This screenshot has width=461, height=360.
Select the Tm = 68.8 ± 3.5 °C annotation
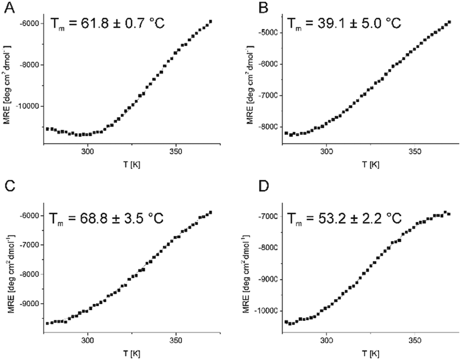point(107,217)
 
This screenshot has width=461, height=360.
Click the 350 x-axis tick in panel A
point(175,152)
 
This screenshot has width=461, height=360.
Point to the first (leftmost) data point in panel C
point(47,324)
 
